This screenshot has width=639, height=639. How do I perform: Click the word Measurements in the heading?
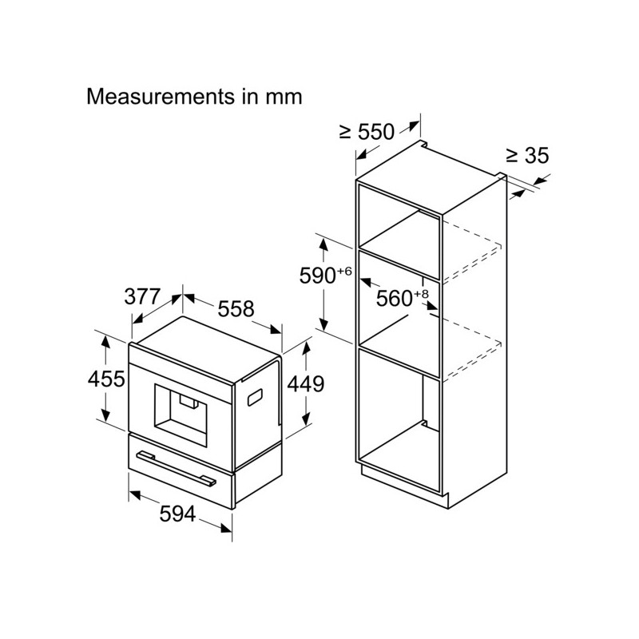(x=161, y=97)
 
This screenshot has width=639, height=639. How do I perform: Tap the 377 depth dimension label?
(x=143, y=296)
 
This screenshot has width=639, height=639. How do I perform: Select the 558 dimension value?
(x=236, y=309)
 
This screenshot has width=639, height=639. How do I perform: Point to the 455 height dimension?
(x=106, y=379)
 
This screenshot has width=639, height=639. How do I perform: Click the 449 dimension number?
(x=306, y=384)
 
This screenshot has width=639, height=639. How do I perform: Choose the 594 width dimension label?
(x=177, y=514)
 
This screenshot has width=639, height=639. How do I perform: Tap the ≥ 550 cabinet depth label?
(x=367, y=132)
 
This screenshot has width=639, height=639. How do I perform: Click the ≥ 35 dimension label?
(x=528, y=155)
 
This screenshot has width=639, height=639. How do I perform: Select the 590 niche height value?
(x=317, y=276)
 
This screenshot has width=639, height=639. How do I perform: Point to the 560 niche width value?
(x=394, y=298)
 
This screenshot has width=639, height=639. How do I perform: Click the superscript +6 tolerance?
(x=344, y=272)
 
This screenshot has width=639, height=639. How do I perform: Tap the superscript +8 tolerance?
(x=422, y=294)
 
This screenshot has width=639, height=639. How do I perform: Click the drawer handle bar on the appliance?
(x=176, y=469)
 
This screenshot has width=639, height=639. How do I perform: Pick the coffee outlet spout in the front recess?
(x=189, y=403)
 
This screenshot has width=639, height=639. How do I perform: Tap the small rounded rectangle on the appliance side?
(x=255, y=397)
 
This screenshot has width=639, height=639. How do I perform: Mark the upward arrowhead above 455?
(x=106, y=341)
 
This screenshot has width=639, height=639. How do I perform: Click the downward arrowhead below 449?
(x=306, y=419)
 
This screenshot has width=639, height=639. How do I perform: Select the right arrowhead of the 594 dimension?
(x=226, y=528)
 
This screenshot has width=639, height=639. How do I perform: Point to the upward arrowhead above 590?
(x=323, y=244)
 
